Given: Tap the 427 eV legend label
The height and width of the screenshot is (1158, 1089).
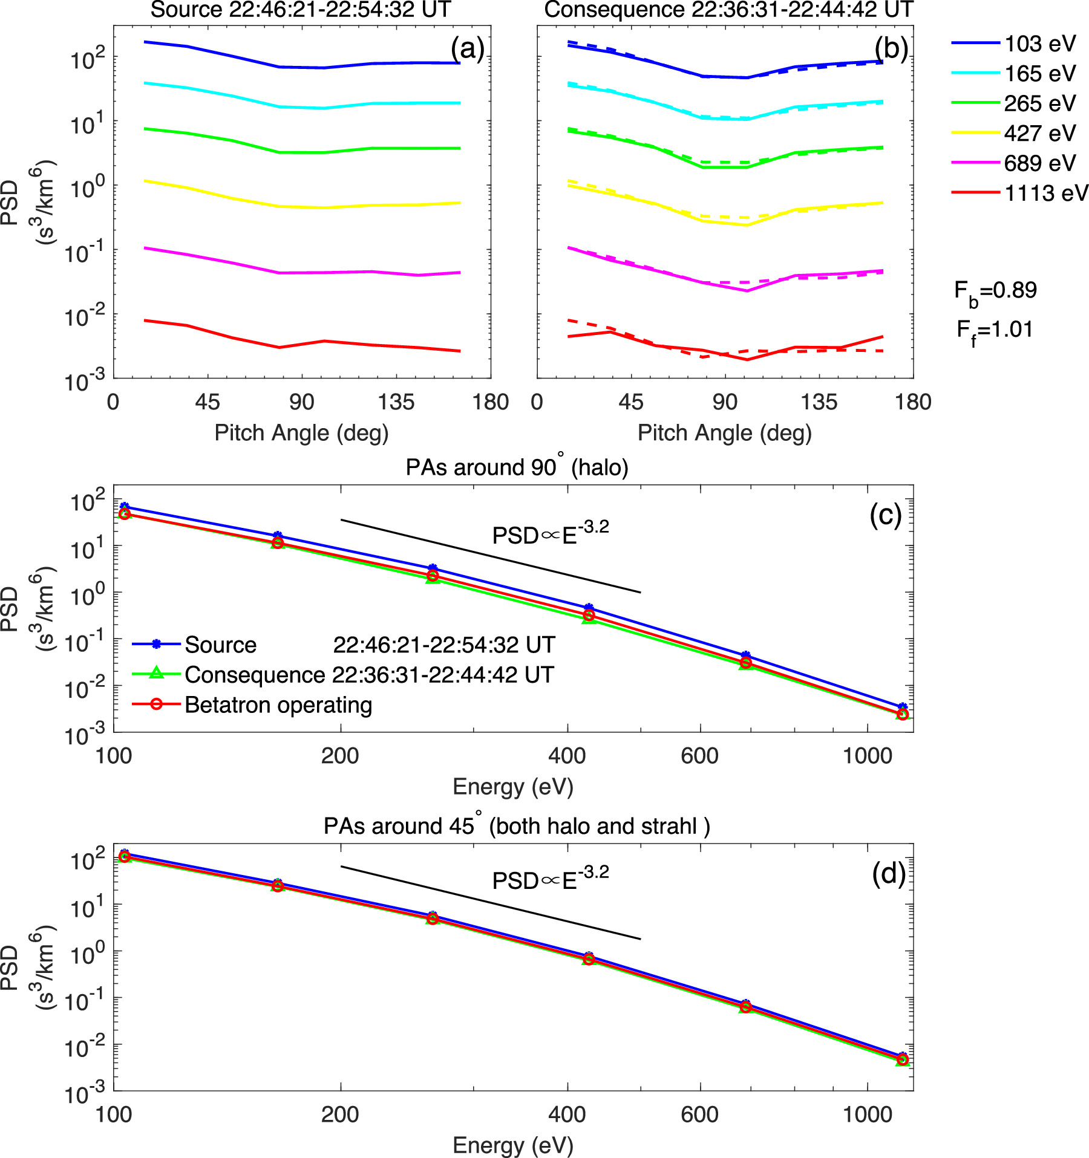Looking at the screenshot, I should (x=1039, y=133).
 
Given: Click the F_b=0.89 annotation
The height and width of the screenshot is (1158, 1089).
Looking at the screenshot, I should (x=995, y=291).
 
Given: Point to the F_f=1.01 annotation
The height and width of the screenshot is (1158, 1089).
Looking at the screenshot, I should (x=995, y=331).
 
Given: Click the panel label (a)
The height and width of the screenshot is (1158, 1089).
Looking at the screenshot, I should (x=467, y=48).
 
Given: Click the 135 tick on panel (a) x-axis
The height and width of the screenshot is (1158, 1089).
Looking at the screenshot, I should (x=396, y=402).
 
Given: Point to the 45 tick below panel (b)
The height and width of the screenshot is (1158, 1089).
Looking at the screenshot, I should (x=630, y=402).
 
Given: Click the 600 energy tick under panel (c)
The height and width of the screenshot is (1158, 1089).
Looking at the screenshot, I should (x=699, y=755).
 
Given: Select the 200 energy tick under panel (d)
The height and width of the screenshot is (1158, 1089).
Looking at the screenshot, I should (x=340, y=1114).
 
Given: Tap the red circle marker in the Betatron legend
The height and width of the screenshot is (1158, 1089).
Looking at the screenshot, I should (x=156, y=704).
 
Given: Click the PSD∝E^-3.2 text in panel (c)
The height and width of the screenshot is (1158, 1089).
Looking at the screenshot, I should (x=550, y=534).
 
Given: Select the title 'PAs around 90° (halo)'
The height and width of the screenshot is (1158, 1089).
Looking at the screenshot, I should (x=517, y=467).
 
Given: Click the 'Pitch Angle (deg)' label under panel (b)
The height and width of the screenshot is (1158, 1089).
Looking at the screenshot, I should (x=724, y=433).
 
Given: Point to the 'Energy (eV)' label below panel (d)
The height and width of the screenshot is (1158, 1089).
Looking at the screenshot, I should (x=512, y=1145).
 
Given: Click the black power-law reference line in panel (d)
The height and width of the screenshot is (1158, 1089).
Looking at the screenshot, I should (x=490, y=902).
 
